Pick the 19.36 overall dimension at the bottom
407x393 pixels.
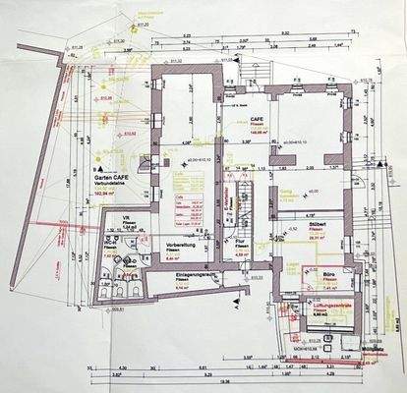point(225,380)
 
